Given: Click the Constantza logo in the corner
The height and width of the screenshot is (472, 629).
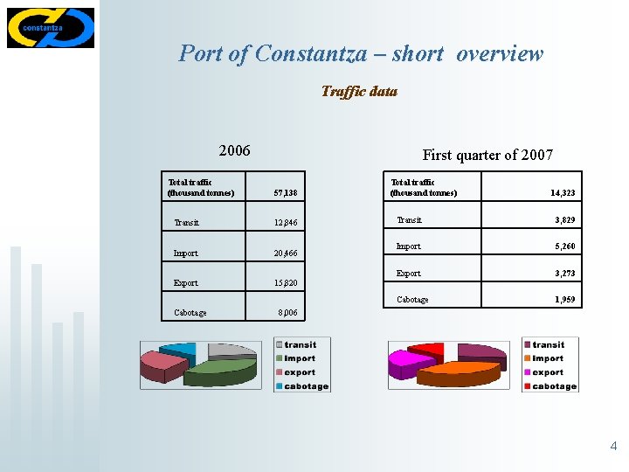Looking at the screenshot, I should pos(50,27).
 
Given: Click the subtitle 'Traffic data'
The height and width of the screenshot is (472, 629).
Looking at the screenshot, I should pos(358,91).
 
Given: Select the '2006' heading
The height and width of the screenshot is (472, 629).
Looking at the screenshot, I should pos(234,150).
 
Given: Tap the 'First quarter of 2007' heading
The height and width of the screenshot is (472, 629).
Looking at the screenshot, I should pos(487,155).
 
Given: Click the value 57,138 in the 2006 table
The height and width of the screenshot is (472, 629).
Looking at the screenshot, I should pos(285,191).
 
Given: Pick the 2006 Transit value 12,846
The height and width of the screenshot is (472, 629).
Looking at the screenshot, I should pos(285,223).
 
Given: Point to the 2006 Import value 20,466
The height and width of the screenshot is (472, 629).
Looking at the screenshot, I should pos(285,253).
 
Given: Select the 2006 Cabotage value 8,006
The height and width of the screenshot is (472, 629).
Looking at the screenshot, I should pos(287,312).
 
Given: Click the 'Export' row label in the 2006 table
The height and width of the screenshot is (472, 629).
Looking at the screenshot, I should pos(185,283).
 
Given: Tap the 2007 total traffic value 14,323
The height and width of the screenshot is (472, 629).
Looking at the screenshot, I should pos(563,192).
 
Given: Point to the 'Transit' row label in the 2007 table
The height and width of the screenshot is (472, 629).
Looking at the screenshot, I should pos(409,220).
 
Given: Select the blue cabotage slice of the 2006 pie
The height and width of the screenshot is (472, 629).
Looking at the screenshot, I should pos(180,351).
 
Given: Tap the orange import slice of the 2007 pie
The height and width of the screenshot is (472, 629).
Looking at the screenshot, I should pos(459,374).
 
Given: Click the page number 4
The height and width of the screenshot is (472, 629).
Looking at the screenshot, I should pos(613,447).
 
